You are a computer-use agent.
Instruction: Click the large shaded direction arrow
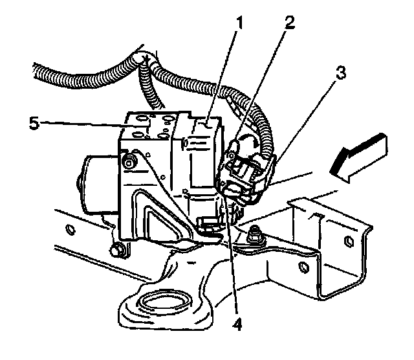(x=356, y=155)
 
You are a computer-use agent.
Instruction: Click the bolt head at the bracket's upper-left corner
(x=129, y=161)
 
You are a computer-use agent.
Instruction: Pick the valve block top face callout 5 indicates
(x=149, y=123)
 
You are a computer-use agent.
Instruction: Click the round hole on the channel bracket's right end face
(x=347, y=243)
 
